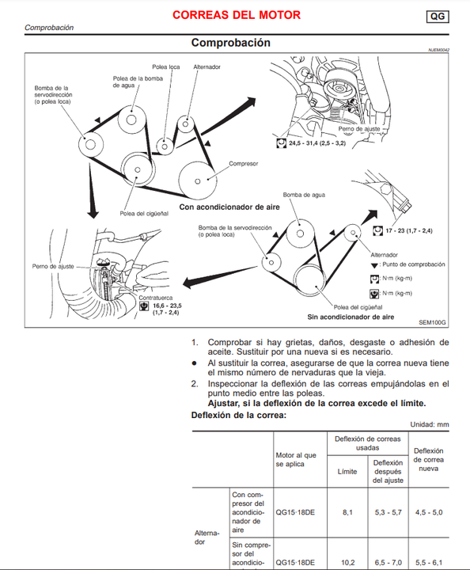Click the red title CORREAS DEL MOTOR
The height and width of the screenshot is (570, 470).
(237, 15)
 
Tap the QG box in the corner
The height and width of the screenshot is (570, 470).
(438, 17)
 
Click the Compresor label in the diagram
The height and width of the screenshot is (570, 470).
(244, 164)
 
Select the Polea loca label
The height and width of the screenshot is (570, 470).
(166, 66)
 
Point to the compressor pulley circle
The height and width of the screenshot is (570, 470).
(198, 180)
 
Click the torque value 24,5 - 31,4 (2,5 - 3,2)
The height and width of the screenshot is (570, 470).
(317, 143)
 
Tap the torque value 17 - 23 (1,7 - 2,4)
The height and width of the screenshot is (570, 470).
(409, 231)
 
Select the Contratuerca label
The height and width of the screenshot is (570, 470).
(156, 298)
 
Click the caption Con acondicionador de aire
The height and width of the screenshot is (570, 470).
(229, 207)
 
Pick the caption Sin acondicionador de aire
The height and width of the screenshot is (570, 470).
(351, 317)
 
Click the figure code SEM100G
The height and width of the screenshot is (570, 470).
(432, 322)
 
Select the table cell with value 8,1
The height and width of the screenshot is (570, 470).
(347, 512)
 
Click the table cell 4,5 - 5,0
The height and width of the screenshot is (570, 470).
(429, 512)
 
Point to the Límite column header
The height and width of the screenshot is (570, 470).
(347, 472)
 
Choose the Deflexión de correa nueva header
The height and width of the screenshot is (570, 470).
(429, 459)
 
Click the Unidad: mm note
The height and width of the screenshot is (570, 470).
(430, 424)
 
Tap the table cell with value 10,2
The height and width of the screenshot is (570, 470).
(347, 562)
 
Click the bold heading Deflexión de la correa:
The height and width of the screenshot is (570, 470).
(239, 415)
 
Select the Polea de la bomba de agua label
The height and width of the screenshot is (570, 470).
(138, 82)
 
